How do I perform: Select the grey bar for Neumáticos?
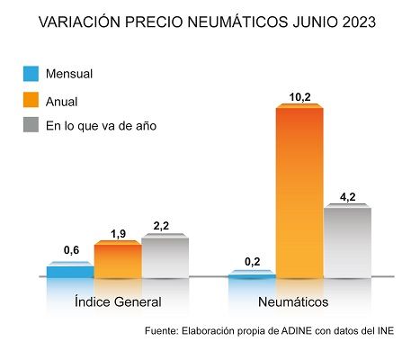(x=347, y=242)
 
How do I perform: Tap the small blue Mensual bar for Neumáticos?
(x=252, y=274)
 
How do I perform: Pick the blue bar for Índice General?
(x=70, y=271)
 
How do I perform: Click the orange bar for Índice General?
(x=118, y=261)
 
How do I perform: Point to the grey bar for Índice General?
(x=165, y=257)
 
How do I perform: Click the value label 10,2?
(x=300, y=94)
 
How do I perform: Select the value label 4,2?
(x=348, y=195)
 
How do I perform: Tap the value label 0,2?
(x=252, y=261)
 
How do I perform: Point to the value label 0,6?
(x=70, y=253)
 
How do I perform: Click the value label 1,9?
(x=118, y=233)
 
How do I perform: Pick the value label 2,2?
(x=165, y=227)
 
